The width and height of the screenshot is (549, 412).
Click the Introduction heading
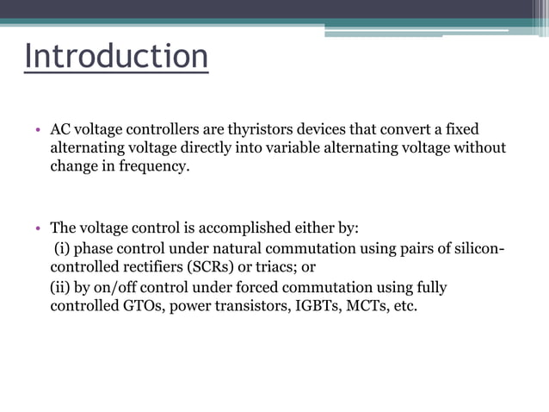116,56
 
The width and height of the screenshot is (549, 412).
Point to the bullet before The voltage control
38,230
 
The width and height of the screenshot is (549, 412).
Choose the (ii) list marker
62,286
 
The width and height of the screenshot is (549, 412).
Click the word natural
253,248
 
